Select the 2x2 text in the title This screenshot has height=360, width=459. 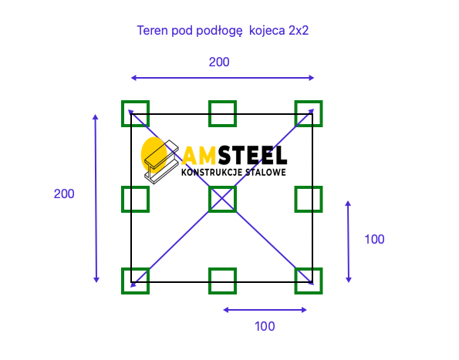pyautogui.click(x=299, y=30)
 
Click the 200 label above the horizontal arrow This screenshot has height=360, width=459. pyautogui.click(x=219, y=62)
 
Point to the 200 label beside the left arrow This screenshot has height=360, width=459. pyautogui.click(x=64, y=194)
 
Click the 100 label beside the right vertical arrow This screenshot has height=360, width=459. pyautogui.click(x=374, y=239)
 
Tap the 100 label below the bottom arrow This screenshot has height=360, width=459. pyautogui.click(x=265, y=326)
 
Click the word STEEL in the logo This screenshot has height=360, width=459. pyautogui.click(x=252, y=155)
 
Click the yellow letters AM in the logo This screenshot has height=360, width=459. pyautogui.click(x=200, y=155)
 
